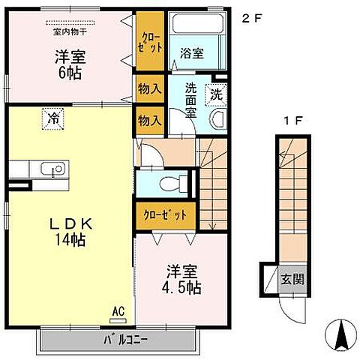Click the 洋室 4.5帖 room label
click(181, 278)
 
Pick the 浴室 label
click(191, 52)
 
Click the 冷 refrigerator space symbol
click(54, 117)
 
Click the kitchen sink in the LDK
click(54, 170)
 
